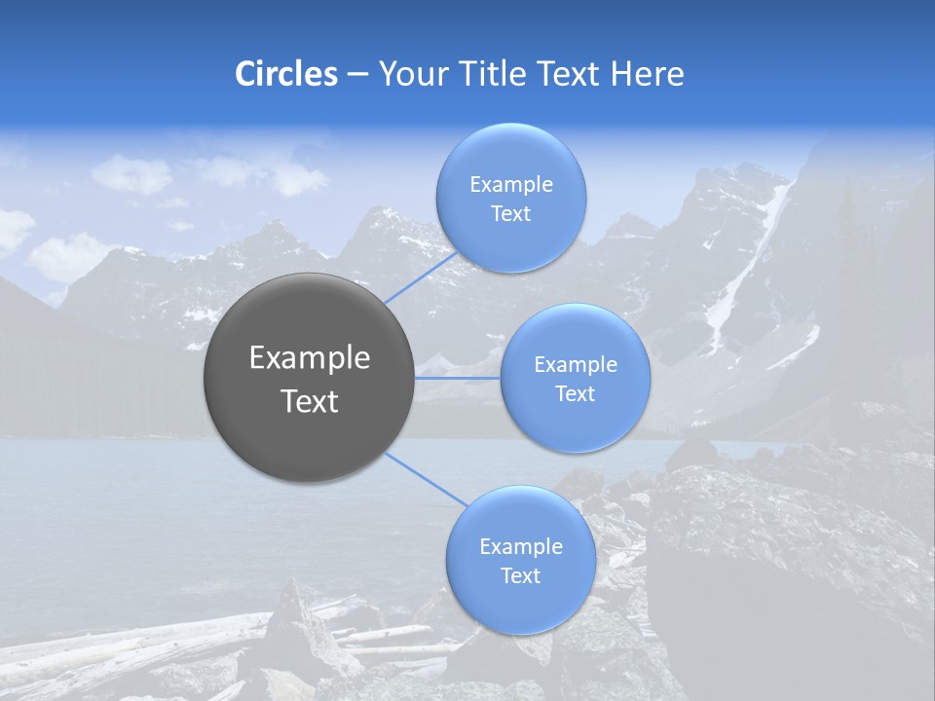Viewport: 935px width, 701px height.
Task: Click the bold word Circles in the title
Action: click(285, 74)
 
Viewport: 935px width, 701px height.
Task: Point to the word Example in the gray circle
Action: click(309, 358)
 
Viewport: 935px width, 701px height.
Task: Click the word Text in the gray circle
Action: click(309, 401)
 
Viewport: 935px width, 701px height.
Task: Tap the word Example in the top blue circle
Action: click(510, 185)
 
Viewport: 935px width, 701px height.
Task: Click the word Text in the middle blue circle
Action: click(575, 394)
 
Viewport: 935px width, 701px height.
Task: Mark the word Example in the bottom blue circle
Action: click(520, 547)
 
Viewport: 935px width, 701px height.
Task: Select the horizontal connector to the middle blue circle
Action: click(458, 378)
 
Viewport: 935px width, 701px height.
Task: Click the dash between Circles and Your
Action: click(356, 74)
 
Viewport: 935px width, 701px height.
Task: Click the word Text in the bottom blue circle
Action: click(520, 576)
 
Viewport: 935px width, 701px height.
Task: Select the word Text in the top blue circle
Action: click(510, 214)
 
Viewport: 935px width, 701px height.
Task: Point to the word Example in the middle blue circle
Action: click(575, 365)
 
